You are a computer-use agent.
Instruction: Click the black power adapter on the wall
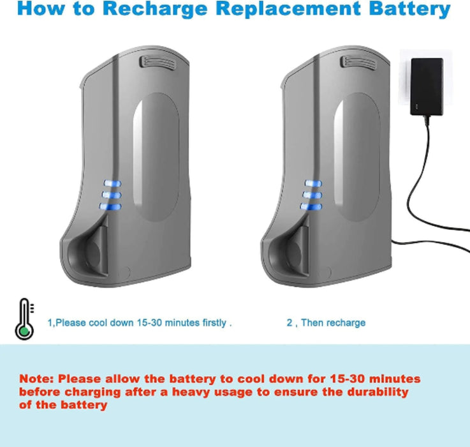tap(427, 86)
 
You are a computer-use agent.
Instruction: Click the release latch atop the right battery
tap(356, 62)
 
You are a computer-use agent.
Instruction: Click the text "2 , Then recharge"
tap(326, 322)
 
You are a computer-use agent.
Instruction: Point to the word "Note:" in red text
tap(37, 379)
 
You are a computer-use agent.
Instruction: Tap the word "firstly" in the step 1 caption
tap(213, 322)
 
